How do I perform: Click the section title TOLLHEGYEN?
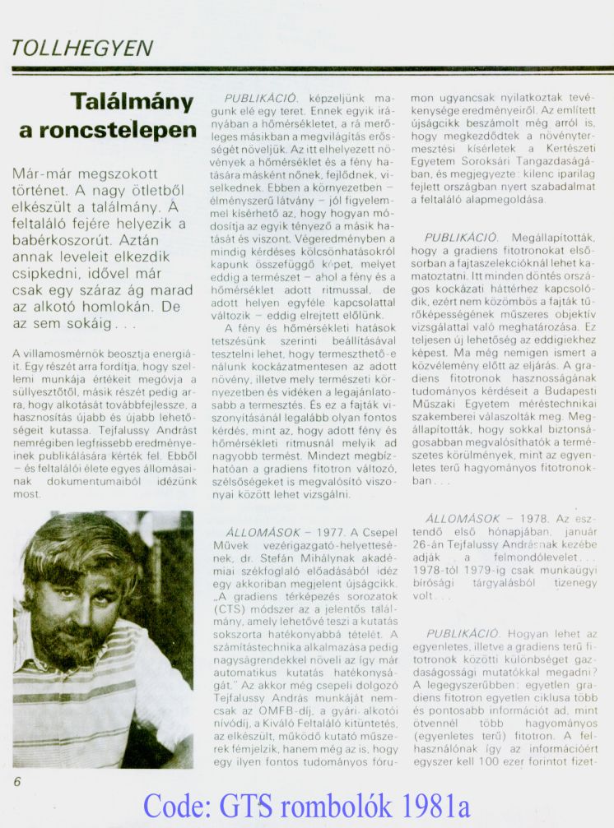coord(82,49)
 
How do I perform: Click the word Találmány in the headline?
coord(132,102)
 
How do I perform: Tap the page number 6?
coord(17,782)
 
